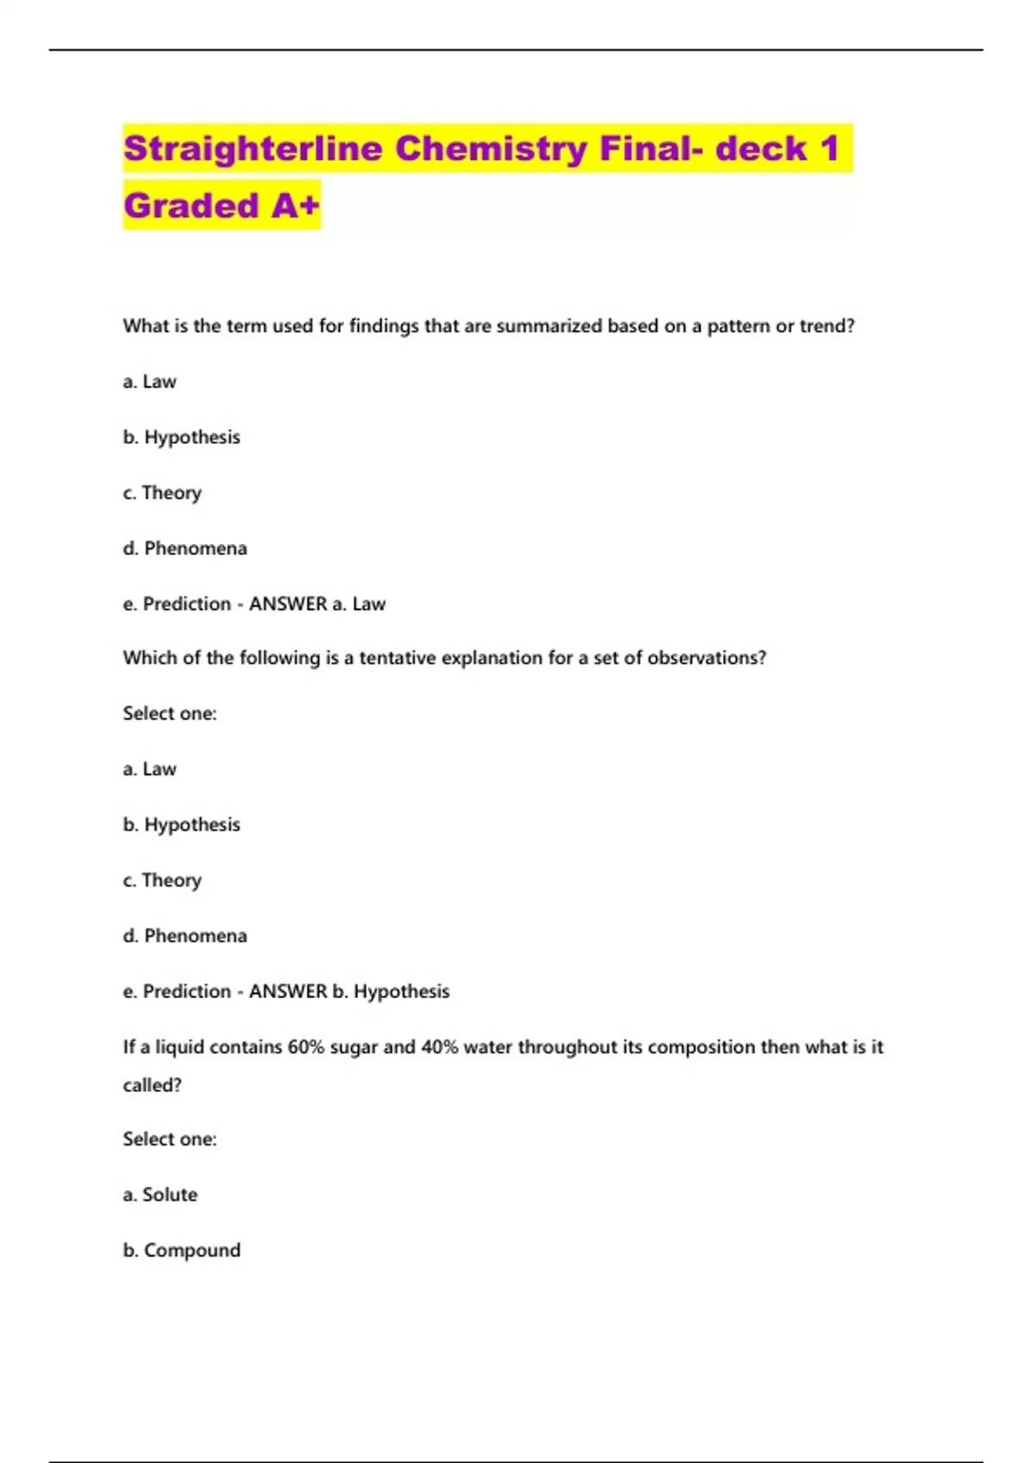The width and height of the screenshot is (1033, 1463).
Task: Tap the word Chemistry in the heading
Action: (x=491, y=149)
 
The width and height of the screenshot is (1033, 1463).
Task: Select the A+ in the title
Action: (x=295, y=206)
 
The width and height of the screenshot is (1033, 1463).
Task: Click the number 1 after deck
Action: (x=829, y=149)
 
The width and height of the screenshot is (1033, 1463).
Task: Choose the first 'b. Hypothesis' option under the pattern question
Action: (x=182, y=437)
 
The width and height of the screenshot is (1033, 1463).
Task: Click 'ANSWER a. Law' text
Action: (x=317, y=604)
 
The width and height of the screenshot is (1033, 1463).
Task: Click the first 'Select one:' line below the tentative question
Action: (x=170, y=713)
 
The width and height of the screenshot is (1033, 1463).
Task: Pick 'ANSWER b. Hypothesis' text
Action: (x=349, y=991)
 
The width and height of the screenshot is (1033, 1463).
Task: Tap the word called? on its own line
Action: (x=152, y=1085)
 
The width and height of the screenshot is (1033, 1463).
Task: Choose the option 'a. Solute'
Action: (x=160, y=1194)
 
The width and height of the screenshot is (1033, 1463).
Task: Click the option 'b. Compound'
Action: (x=182, y=1250)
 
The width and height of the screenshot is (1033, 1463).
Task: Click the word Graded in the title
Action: (x=191, y=206)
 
